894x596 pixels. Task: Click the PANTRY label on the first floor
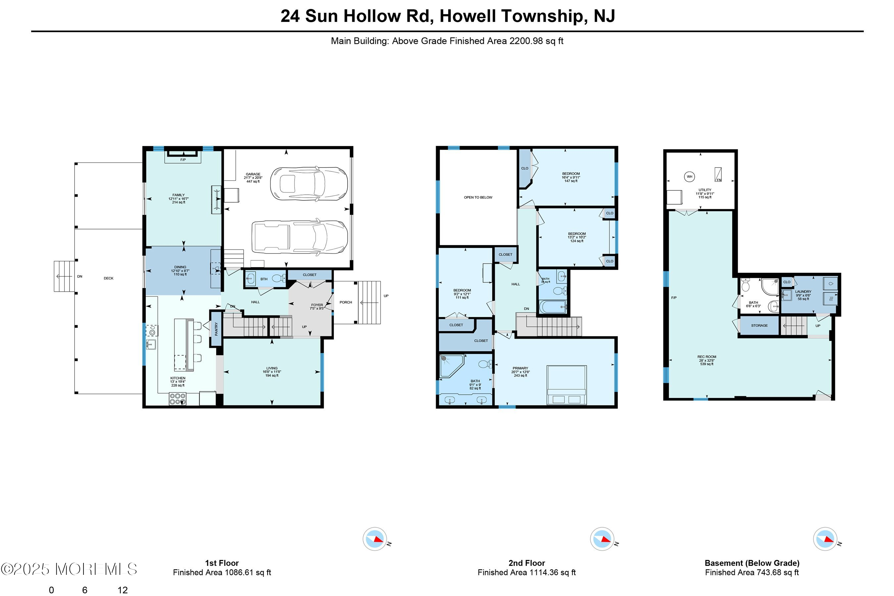[x=216, y=329]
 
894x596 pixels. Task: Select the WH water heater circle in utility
[x=689, y=176]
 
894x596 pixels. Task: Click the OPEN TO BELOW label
[x=478, y=197]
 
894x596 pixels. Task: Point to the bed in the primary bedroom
[x=566, y=385]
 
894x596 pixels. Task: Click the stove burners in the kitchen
[x=177, y=398]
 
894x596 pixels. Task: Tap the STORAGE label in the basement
[x=759, y=325]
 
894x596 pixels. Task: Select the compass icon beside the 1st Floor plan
[x=375, y=539]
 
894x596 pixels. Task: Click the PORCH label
[x=345, y=302]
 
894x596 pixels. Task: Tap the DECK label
[x=109, y=278]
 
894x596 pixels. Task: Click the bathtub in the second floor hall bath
[x=553, y=306]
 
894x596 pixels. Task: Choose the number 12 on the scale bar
[x=123, y=590]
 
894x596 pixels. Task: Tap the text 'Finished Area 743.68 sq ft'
[x=752, y=572]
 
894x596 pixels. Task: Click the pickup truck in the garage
[x=300, y=237]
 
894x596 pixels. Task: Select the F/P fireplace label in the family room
[x=183, y=160]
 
